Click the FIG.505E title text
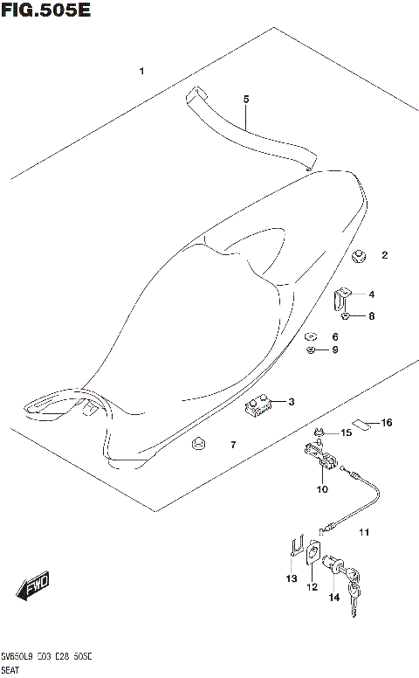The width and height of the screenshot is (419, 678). [x=46, y=11]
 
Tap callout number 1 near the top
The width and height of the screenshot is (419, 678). [x=141, y=71]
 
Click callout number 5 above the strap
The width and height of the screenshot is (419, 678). [x=246, y=100]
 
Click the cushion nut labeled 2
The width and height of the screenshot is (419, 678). [x=358, y=256]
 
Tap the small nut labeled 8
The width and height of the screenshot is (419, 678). [x=347, y=316]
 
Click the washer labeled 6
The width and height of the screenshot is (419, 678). [x=310, y=336]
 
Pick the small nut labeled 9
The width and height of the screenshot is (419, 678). [x=310, y=350]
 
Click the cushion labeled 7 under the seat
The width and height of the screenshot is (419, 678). [x=198, y=447]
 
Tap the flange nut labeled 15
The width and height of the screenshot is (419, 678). [x=320, y=432]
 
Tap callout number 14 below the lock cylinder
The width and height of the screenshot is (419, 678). [x=333, y=598]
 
